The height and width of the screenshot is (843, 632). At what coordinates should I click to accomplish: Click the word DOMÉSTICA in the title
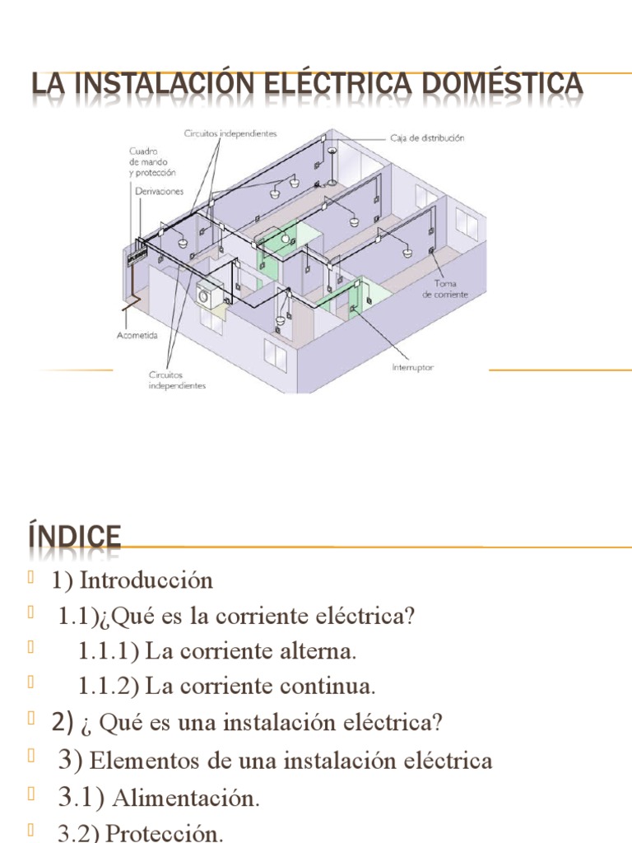pyautogui.click(x=501, y=84)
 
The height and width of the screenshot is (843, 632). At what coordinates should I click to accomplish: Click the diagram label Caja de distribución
pyautogui.click(x=426, y=138)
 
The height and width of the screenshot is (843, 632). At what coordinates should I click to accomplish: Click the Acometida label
pyautogui.click(x=137, y=335)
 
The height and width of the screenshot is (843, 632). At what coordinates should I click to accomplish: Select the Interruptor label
pyautogui.click(x=412, y=367)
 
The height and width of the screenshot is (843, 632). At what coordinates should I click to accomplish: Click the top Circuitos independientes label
pyautogui.click(x=230, y=132)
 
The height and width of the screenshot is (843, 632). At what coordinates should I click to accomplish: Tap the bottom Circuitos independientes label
pyautogui.click(x=177, y=380)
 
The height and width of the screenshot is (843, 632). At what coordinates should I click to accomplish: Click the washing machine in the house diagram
pyautogui.click(x=208, y=296)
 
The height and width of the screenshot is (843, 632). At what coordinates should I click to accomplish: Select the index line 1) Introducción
pyautogui.click(x=132, y=580)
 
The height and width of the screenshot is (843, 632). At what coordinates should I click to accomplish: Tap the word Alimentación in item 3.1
pyautogui.click(x=185, y=798)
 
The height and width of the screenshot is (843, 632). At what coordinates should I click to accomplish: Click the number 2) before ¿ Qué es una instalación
pyautogui.click(x=63, y=723)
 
